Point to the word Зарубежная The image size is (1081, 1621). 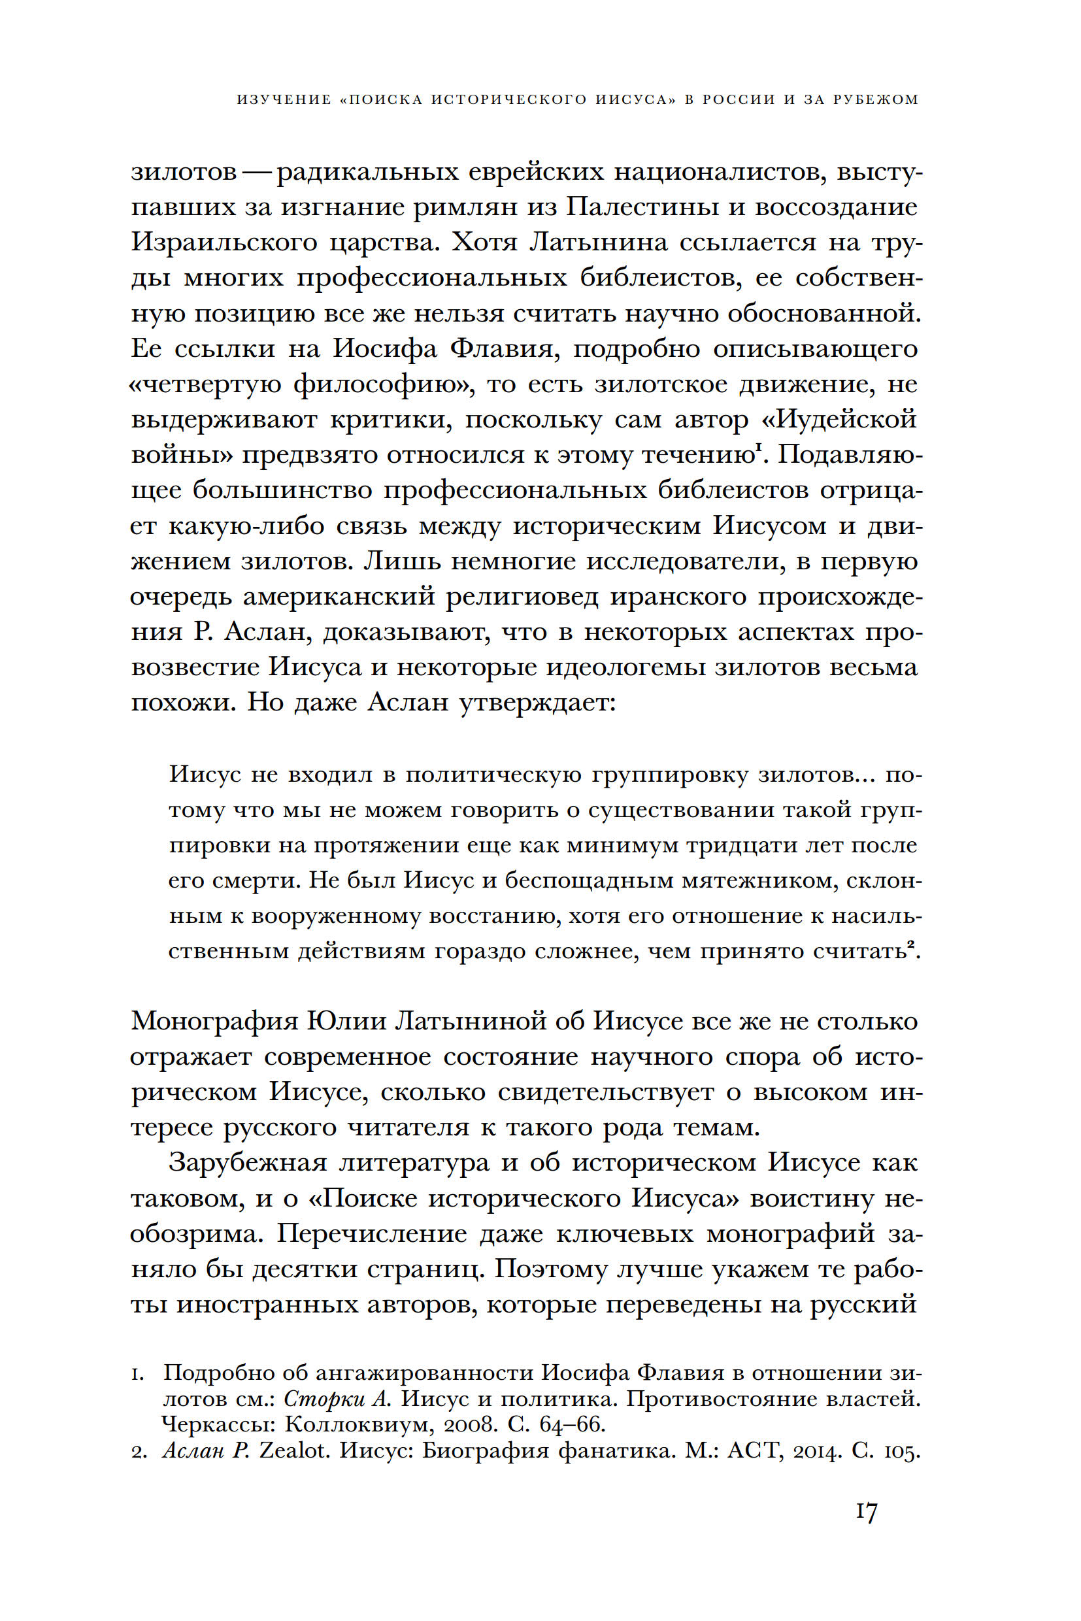(248, 1163)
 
